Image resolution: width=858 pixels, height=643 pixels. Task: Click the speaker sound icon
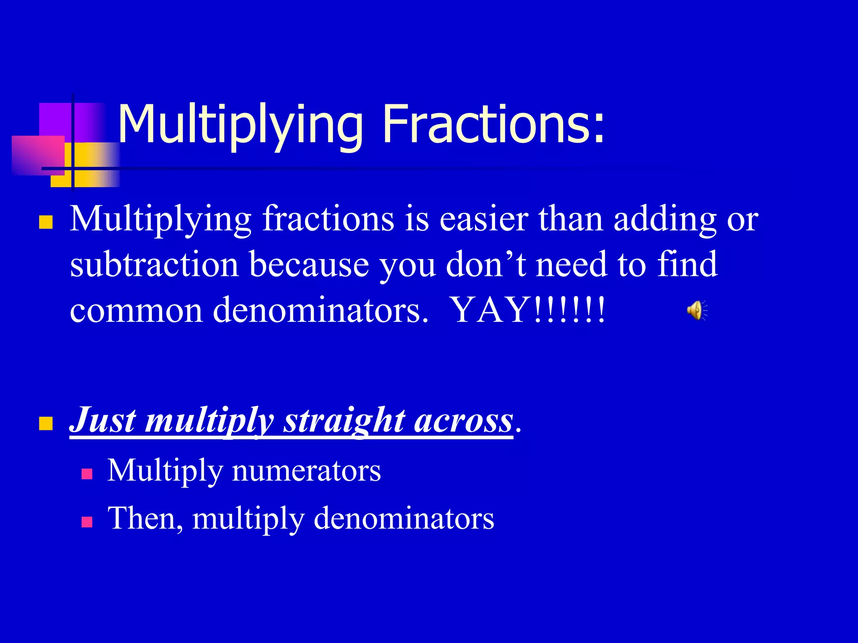click(697, 310)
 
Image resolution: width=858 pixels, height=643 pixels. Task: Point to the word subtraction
click(155, 265)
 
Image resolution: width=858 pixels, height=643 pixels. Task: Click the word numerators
click(306, 471)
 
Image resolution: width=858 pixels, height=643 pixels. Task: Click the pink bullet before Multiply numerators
click(87, 474)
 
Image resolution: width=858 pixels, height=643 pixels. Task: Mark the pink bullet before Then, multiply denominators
click(87, 522)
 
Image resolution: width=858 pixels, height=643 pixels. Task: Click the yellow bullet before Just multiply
click(46, 423)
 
